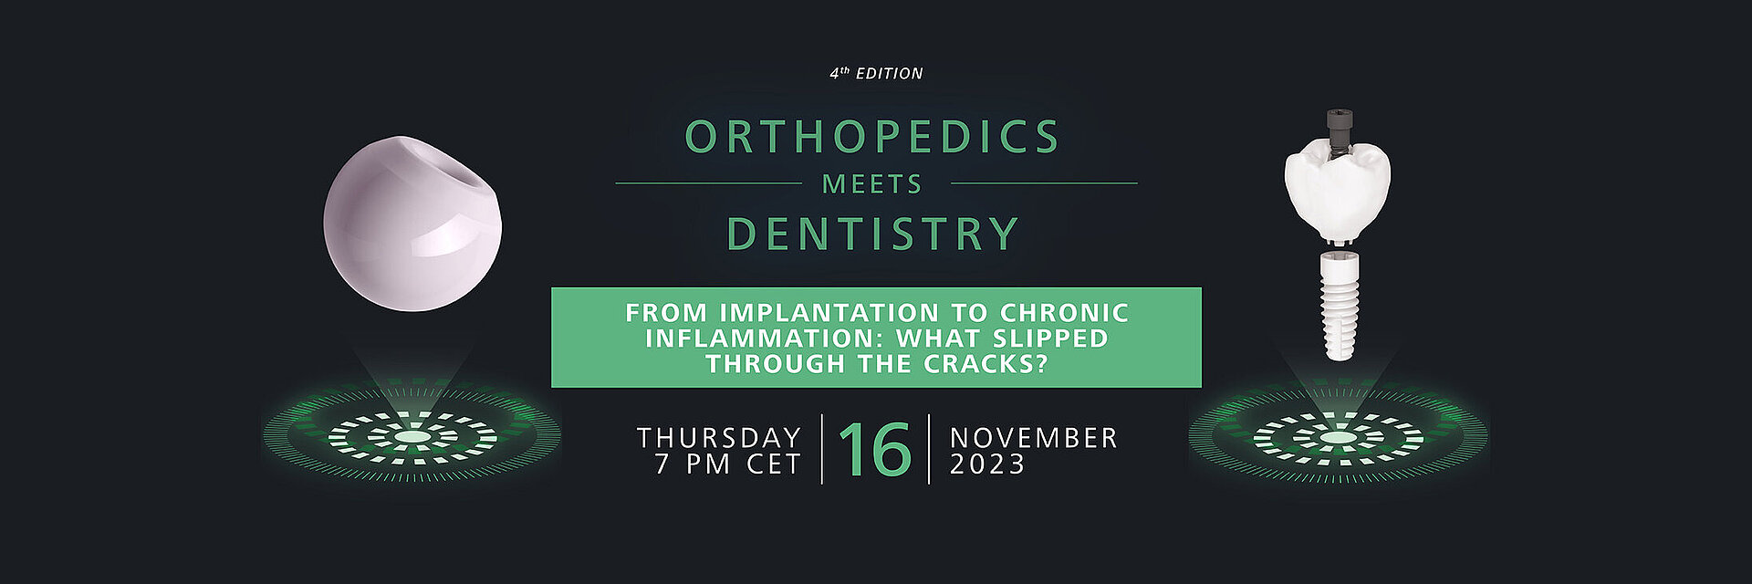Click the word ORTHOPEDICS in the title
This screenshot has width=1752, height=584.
pos(872,137)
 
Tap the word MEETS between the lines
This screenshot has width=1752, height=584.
pos(872,184)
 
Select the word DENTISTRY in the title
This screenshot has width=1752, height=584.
pos(872,233)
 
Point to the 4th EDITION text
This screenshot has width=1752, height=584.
pos(876,73)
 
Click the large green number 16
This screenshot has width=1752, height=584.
pos(874,449)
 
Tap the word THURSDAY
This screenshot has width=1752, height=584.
pos(719,438)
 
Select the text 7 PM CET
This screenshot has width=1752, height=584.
pos(728,464)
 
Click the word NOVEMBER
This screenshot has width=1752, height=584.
pos(1034,438)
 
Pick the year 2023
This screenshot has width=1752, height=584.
pos(988,464)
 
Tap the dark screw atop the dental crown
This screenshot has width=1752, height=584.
pos(1337,129)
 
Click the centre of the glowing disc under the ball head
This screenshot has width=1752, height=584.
pos(412,437)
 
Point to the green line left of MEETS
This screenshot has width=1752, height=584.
pos(708,183)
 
